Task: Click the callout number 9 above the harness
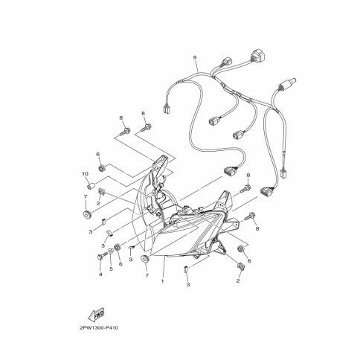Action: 195,57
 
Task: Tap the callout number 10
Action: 85,174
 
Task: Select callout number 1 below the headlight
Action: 163,281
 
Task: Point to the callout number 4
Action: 100,274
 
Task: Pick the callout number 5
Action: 111,269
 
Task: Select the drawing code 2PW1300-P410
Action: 99,328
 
